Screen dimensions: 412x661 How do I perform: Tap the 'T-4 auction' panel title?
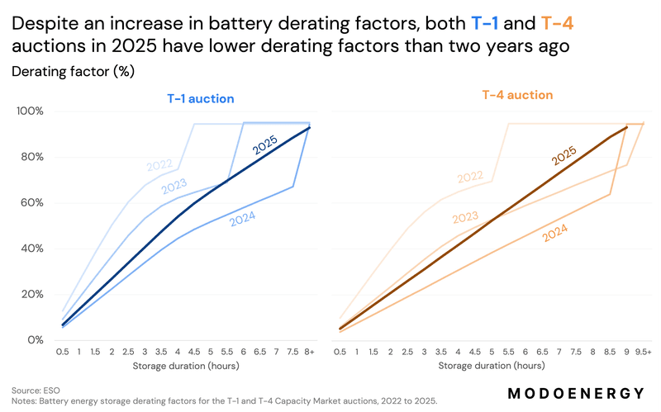pos(517,95)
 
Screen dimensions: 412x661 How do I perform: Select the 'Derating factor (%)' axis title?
pos(73,72)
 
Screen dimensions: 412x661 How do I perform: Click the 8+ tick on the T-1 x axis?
pos(309,352)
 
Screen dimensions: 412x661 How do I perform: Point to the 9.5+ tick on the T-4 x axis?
pos(643,352)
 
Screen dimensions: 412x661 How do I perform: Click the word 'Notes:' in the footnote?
pos(26,400)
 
